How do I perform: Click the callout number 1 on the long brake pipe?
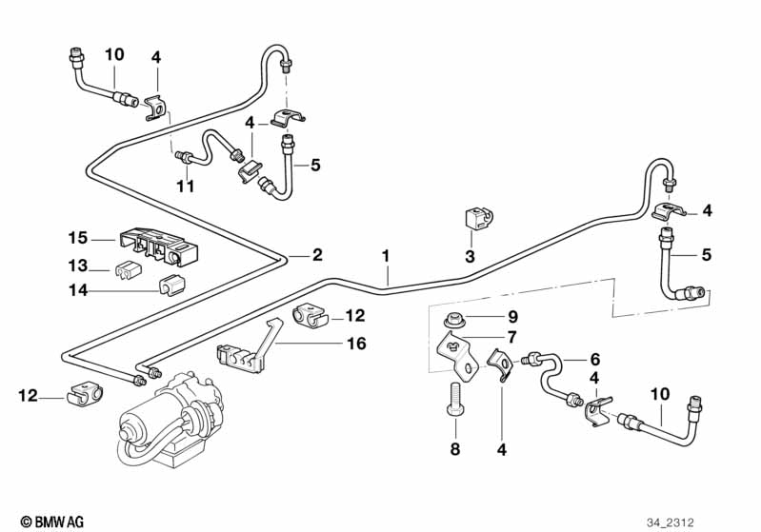click(386, 256)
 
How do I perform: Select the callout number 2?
click(317, 255)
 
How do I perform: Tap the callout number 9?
click(511, 316)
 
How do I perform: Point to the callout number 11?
click(186, 187)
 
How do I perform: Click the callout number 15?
click(78, 237)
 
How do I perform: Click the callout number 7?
click(511, 337)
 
